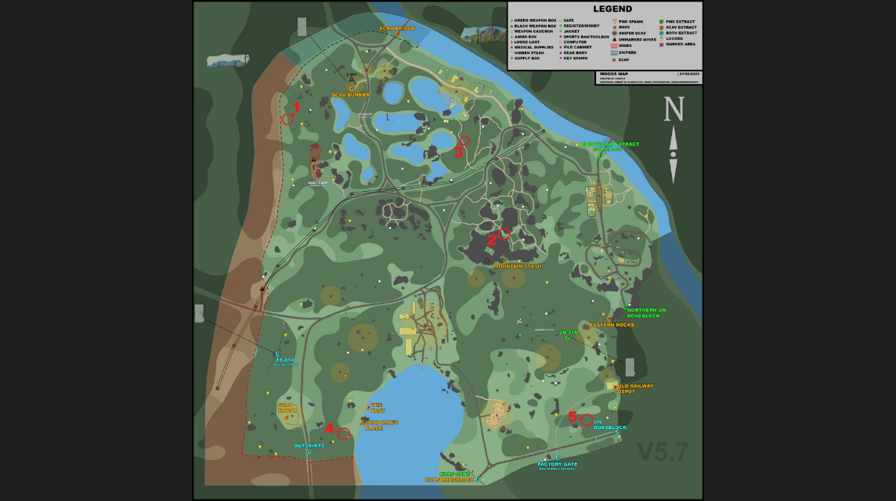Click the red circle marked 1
pos(287,119)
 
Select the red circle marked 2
pos(504,233)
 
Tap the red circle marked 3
pos(464,141)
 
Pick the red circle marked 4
pos(344,434)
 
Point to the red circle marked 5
pos(587,420)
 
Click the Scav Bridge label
pos(397,28)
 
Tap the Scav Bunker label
pos(350,95)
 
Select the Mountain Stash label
pos(517,266)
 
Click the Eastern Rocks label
pos(612,325)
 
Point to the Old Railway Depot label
pos(635,388)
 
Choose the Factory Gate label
pos(558,464)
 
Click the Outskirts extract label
pos(309,446)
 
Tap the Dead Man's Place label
pos(380,425)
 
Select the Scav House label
pos(287,408)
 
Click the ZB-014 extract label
pos(284,359)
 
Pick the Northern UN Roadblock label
pos(646,312)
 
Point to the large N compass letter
pos(674,110)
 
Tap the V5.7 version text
pos(663,452)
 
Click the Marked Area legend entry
pos(680,44)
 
